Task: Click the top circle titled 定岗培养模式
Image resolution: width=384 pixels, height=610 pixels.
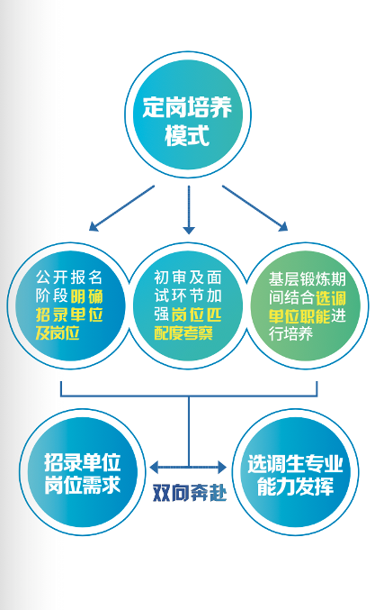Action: pyautogui.click(x=188, y=114)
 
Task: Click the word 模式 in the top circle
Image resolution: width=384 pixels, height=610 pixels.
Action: pyautogui.click(x=188, y=135)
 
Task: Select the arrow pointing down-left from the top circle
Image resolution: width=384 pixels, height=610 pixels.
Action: pyautogui.click(x=122, y=208)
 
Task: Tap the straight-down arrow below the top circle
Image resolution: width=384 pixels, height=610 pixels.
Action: pyautogui.click(x=189, y=210)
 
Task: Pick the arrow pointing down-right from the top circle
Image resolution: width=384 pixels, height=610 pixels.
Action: pyautogui.click(x=255, y=208)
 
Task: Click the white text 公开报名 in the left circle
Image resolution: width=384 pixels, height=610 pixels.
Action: pyautogui.click(x=69, y=278)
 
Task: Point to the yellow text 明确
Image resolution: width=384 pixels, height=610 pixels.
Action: pyautogui.click(x=87, y=296)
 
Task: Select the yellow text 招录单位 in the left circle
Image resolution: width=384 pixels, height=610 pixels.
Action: pyautogui.click(x=69, y=314)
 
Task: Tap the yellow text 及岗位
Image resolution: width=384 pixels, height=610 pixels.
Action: pyautogui.click(x=58, y=332)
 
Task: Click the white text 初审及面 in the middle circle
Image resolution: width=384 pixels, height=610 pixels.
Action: pyautogui.click(x=188, y=278)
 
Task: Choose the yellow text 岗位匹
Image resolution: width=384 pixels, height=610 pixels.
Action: pyautogui.click(x=196, y=314)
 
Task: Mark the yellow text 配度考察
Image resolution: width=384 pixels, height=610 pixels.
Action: pyautogui.click(x=183, y=333)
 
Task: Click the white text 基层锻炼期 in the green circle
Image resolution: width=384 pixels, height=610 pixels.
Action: pyautogui.click(x=308, y=279)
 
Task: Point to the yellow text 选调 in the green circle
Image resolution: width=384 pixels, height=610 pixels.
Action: pyautogui.click(x=330, y=298)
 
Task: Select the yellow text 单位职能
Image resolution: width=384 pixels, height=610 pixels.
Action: pyautogui.click(x=299, y=316)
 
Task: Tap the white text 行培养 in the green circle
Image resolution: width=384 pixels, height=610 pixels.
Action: pyautogui.click(x=290, y=334)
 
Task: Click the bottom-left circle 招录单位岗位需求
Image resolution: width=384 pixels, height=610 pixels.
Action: pyautogui.click(x=83, y=472)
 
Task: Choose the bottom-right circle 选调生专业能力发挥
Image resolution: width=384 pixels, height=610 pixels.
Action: pyautogui.click(x=296, y=472)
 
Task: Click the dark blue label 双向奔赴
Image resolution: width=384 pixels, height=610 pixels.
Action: pyautogui.click(x=190, y=493)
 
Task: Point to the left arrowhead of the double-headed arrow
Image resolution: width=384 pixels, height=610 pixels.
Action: pyautogui.click(x=154, y=468)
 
